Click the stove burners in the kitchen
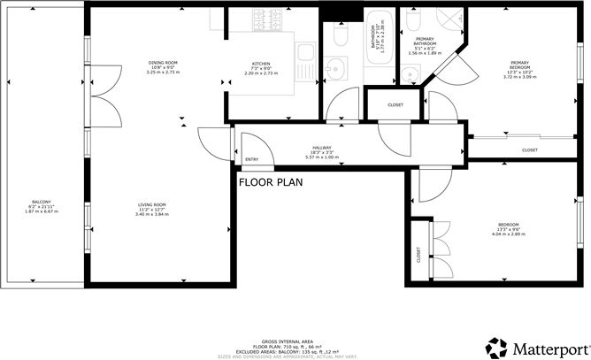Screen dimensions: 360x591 (265, 18)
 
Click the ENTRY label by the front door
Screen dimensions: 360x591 (253, 160)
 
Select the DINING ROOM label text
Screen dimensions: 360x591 (163, 62)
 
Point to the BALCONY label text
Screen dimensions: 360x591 (42, 202)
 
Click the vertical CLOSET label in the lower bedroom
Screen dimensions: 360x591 (418, 255)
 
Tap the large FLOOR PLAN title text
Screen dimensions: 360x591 (270, 183)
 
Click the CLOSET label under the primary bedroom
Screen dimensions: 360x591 (529, 150)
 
